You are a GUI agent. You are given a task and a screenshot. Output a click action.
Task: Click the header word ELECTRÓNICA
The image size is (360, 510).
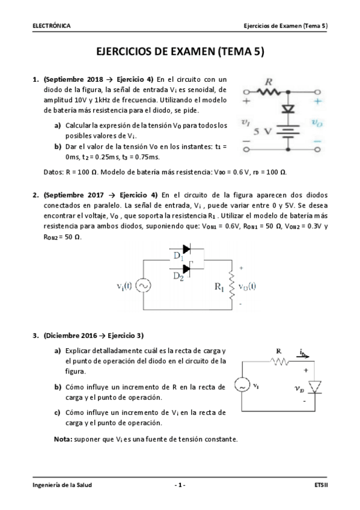tap(52, 26)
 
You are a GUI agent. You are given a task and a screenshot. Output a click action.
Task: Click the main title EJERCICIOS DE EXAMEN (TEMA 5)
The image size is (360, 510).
tap(180, 52)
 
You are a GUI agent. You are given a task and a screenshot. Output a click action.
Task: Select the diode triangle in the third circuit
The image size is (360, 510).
tap(314, 386)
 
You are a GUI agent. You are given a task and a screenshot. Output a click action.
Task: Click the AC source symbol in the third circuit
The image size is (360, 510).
tap(240, 386)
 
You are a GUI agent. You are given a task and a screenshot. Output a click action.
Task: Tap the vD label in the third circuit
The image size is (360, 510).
tap(299, 389)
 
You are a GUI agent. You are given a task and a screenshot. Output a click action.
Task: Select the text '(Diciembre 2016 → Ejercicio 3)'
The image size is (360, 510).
tap(93, 336)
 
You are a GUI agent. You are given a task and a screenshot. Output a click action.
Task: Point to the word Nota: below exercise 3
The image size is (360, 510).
tap(63, 439)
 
